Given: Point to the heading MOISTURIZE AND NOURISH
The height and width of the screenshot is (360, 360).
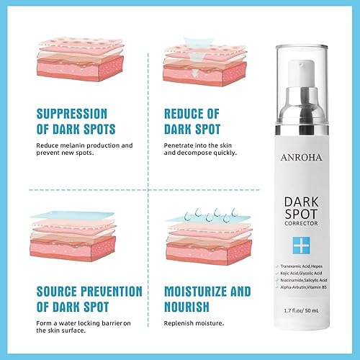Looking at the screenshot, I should tap(207, 299).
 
